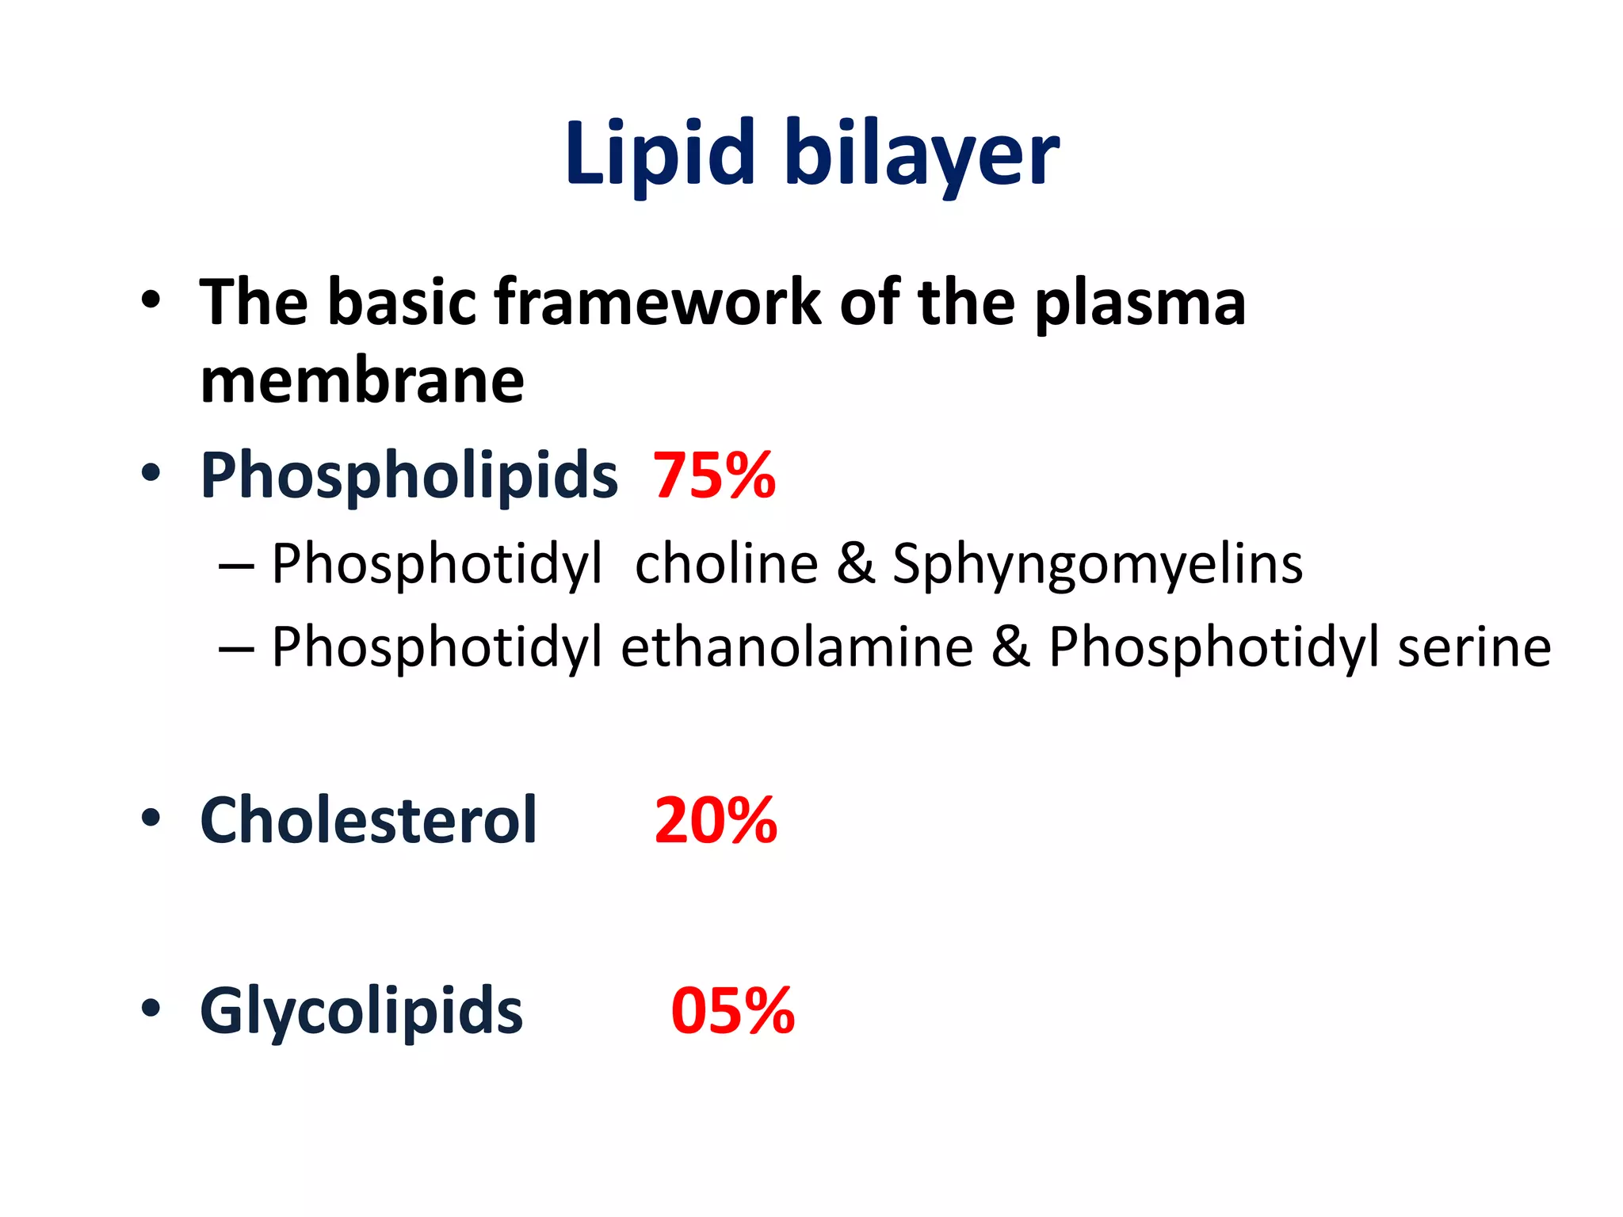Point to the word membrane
[x=362, y=381]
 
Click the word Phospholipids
[x=409, y=476]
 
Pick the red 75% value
[x=714, y=475]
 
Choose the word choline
[x=726, y=564]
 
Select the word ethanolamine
[x=796, y=647]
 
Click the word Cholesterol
[x=369, y=820]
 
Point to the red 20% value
[x=716, y=821]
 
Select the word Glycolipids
[x=361, y=1012]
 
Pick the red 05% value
[x=732, y=1011]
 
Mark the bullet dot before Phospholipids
[x=151, y=473]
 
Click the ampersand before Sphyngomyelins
[x=855, y=564]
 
